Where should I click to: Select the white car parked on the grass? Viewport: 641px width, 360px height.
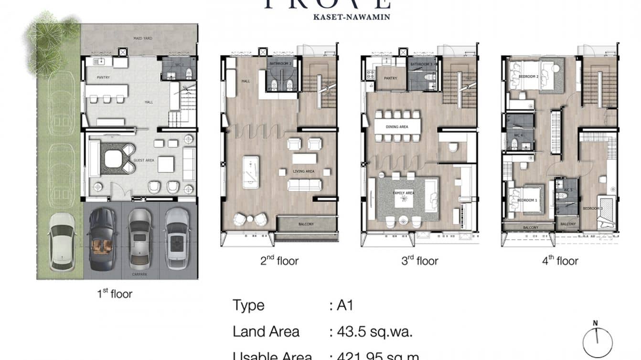click(x=62, y=241)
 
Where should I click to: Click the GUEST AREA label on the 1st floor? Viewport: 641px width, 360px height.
click(x=143, y=160)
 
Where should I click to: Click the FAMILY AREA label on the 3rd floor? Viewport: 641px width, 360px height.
click(x=403, y=193)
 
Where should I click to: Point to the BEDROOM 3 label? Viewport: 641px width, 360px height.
click(x=591, y=209)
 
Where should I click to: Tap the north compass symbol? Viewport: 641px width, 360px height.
click(x=597, y=341)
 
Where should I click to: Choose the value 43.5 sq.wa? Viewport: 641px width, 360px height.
click(x=371, y=331)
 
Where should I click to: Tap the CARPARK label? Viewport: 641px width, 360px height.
click(x=140, y=275)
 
